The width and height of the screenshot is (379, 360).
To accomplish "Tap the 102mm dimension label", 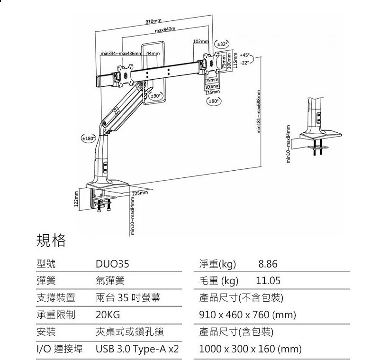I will point(201,42).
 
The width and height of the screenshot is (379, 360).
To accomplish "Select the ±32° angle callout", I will point(222,45).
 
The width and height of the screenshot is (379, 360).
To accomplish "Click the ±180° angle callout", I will point(88,138).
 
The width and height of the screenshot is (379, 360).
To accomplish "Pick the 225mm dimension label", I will point(140,193).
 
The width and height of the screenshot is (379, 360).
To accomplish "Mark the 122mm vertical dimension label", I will point(75,198).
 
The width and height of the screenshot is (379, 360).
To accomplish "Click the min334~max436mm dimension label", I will point(121,53).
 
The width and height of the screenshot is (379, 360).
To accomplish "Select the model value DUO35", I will point(112,264).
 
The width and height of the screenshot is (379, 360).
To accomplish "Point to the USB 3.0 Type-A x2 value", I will point(137,350).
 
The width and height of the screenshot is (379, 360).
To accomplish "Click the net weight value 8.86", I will point(268,264).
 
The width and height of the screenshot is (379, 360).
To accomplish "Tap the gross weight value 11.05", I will point(268,281).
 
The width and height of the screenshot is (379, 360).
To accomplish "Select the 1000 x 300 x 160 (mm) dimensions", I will point(250,350).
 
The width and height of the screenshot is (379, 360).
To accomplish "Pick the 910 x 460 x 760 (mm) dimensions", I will point(247,315).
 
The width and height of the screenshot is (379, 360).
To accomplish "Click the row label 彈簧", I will point(46,281).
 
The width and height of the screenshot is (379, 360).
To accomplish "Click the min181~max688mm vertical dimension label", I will point(259,112).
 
